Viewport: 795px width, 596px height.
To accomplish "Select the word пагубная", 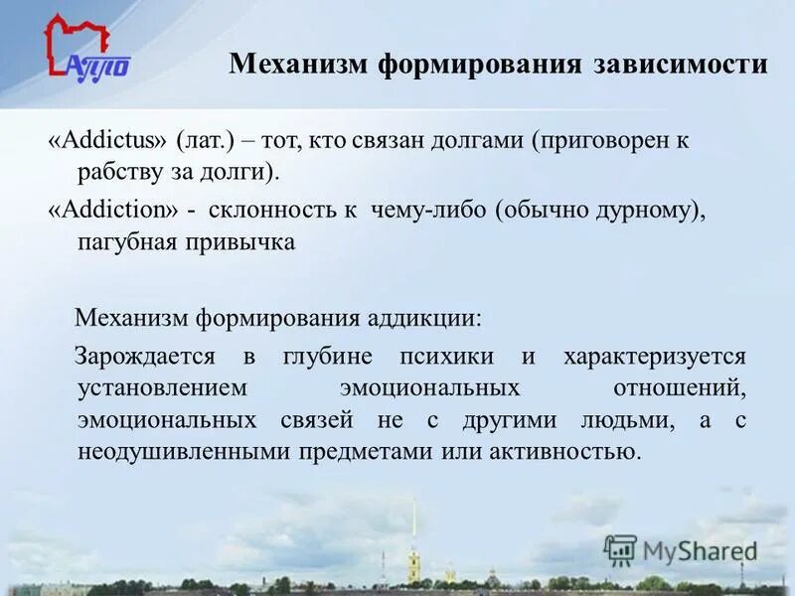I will coord(123,243).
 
